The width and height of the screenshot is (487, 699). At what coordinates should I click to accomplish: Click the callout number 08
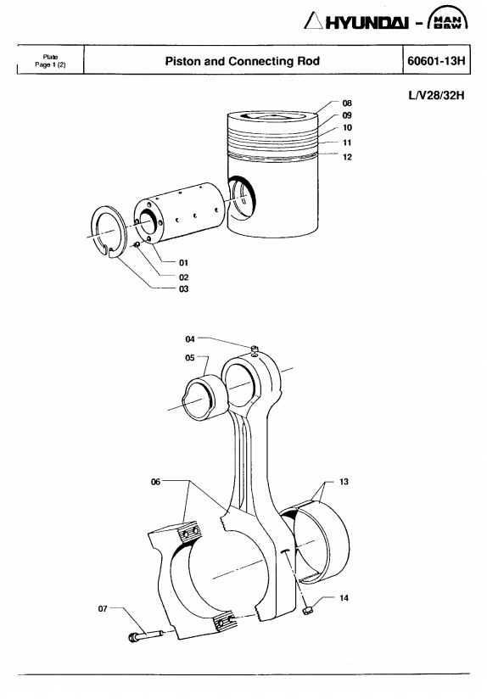(347, 103)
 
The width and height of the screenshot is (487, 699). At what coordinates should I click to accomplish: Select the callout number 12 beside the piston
(347, 157)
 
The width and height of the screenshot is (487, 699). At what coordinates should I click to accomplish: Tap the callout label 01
(183, 263)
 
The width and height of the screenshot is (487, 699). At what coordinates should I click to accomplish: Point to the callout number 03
(183, 289)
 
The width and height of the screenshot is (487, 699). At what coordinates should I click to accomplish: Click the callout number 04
(190, 339)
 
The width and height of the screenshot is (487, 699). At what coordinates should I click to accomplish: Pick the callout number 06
(155, 482)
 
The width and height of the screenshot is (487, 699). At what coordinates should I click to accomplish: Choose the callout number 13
(344, 482)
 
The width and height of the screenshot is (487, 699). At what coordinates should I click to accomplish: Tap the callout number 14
(344, 598)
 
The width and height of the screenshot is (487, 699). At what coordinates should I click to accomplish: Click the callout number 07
(103, 608)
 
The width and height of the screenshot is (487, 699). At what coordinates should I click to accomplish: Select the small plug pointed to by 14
(307, 610)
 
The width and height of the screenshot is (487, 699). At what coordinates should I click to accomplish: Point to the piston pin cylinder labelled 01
(179, 212)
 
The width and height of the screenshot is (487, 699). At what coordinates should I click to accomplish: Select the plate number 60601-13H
(436, 60)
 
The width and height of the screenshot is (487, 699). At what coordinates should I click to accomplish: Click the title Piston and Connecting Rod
(242, 60)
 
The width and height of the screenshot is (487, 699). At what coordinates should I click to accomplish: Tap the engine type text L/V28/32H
(436, 95)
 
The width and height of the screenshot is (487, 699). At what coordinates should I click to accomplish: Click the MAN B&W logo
(447, 19)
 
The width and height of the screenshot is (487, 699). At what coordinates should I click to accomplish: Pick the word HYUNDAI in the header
(367, 22)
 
